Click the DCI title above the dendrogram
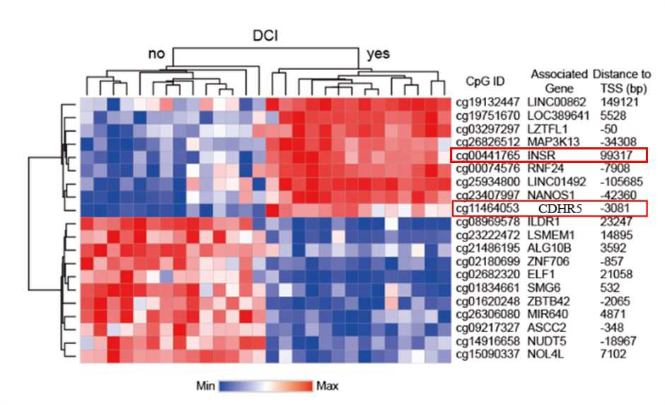click(x=265, y=35)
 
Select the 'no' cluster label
click(x=156, y=54)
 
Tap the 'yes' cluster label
click(x=378, y=55)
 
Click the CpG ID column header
click(x=485, y=81)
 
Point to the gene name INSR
click(x=541, y=155)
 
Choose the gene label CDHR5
click(x=560, y=208)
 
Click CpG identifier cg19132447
click(x=487, y=102)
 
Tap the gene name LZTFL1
click(x=548, y=129)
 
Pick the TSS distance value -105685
click(x=621, y=182)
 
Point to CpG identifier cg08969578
click(x=487, y=222)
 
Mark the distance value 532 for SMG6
click(x=610, y=288)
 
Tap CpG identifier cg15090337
click(x=487, y=354)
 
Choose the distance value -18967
click(x=618, y=341)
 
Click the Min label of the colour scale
click(x=206, y=386)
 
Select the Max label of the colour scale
click(x=328, y=386)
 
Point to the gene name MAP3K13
click(x=553, y=142)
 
